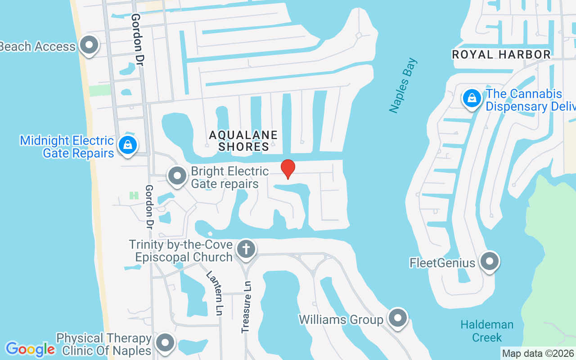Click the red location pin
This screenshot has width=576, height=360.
288,169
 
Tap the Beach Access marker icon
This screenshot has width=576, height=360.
89,45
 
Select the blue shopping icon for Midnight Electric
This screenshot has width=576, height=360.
128,145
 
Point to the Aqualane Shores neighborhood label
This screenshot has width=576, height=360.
243,140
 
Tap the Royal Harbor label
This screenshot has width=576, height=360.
501,55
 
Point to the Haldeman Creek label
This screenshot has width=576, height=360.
487,331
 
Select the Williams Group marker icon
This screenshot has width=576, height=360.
398,319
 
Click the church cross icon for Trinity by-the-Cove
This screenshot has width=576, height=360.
246,248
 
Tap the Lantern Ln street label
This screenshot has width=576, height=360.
215,292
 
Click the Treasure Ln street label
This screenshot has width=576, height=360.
246,307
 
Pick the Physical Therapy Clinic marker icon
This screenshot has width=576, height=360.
165,343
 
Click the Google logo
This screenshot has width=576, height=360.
30,349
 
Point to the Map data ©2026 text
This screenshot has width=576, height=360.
538,353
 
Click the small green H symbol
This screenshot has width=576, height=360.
134,195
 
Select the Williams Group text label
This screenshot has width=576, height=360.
341,319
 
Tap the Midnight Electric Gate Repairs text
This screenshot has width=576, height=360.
67,147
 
